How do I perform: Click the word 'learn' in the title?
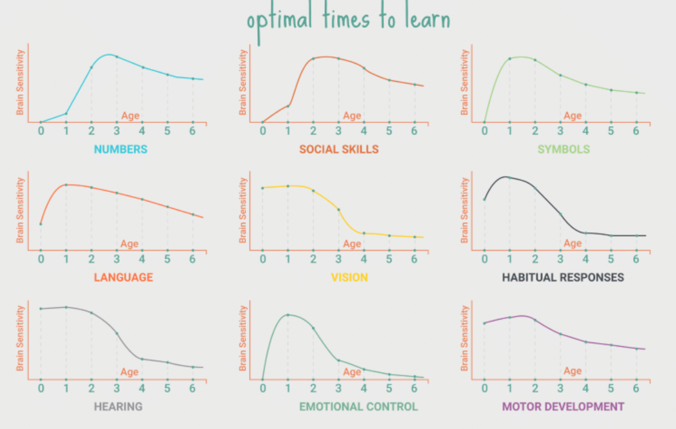424,19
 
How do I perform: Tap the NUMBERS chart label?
120,149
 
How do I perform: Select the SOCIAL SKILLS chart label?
338,149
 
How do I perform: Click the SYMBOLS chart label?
563,149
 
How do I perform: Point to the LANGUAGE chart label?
123,277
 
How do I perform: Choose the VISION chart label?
349,277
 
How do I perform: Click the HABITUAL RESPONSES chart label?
563,277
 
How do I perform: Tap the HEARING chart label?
118,406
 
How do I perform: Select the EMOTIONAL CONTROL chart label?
358,406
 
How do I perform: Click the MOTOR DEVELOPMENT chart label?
563,406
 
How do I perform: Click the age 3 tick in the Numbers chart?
117,131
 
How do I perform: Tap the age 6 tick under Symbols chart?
636,131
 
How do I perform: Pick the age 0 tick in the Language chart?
41,259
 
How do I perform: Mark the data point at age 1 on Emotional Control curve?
288,315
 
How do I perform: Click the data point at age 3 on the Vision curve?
339,209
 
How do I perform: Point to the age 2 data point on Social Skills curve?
313,59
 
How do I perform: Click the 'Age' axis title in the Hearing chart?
130,372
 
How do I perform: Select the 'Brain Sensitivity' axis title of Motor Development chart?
465,338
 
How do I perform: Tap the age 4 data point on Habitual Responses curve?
585,232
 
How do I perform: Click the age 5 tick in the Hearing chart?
168,388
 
